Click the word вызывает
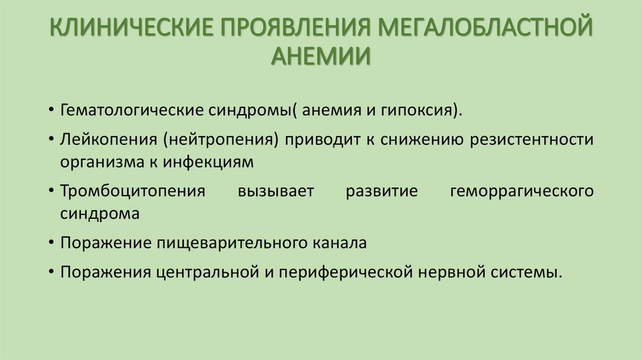275,190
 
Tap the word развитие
381,190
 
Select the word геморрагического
522,190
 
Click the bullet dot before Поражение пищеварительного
50,243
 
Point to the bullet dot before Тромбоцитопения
50,191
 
